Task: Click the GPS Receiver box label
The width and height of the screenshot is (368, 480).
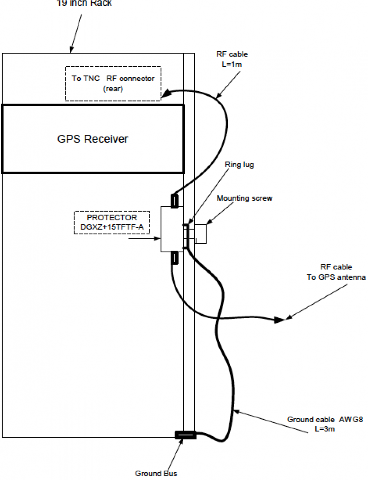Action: point(92,139)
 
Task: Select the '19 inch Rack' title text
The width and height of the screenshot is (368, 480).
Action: point(84,3)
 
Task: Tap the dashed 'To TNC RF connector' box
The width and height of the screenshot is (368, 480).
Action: point(113,83)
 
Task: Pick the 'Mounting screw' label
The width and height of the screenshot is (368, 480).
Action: point(245,198)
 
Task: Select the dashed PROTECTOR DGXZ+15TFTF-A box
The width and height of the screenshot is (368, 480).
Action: point(112,222)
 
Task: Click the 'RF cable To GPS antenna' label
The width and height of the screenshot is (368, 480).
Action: point(335,272)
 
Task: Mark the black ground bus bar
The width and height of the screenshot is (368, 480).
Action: point(186,435)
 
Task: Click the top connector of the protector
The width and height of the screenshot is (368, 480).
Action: point(174,201)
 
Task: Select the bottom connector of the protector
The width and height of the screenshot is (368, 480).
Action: point(174,258)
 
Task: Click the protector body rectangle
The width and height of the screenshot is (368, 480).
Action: point(171,229)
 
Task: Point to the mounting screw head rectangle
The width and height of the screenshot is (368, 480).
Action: point(201,234)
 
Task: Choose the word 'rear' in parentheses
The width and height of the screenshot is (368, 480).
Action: point(113,88)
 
